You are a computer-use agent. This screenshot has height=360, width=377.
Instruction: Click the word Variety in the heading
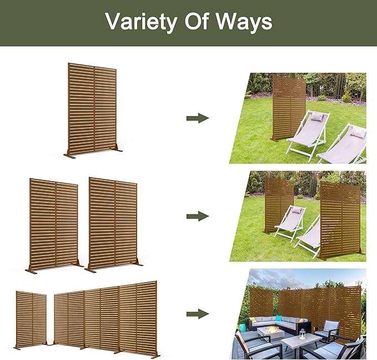(x=140, y=22)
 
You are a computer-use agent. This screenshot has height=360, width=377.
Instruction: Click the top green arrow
(x=198, y=118)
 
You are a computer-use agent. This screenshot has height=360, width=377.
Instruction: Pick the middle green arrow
(x=198, y=216)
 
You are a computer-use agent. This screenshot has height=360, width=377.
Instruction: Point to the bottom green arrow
(x=198, y=314)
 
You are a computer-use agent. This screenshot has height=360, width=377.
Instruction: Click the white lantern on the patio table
(x=303, y=334)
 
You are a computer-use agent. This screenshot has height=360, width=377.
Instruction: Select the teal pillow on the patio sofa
(x=279, y=318)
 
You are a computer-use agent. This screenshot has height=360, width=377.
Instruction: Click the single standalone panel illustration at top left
(x=93, y=110)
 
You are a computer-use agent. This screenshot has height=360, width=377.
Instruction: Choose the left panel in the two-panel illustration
(x=54, y=225)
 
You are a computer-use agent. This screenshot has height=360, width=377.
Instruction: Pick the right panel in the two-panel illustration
(x=113, y=224)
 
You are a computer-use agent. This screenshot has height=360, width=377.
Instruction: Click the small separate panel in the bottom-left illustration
(x=31, y=319)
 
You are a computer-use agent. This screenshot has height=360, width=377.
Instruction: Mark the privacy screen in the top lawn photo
(x=289, y=108)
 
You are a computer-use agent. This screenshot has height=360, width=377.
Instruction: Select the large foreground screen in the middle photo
(x=340, y=219)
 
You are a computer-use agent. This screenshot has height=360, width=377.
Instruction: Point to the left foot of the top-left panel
(x=69, y=156)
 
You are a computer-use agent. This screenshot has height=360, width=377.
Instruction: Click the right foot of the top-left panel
(x=118, y=149)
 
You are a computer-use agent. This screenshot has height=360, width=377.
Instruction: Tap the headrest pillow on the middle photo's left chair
(x=296, y=211)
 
